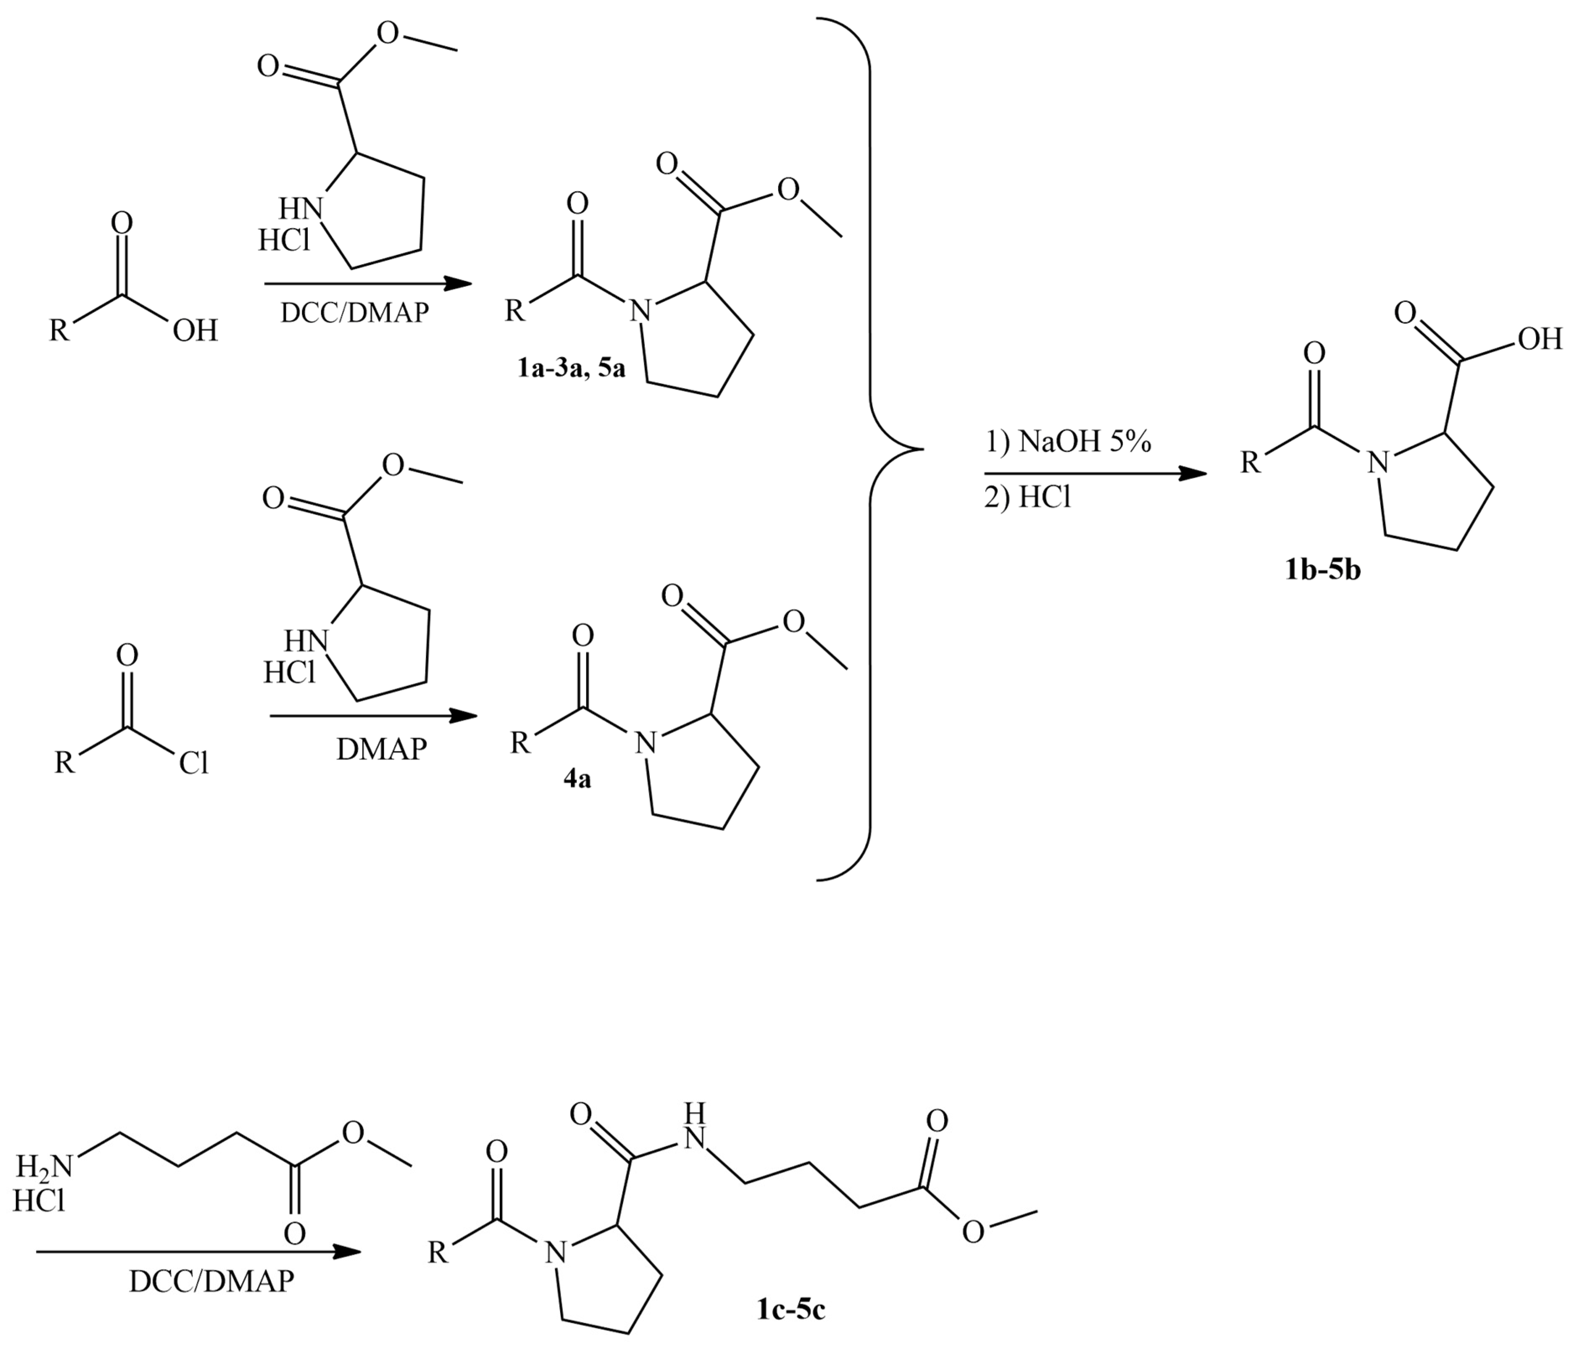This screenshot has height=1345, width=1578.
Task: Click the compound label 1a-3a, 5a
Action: click(571, 369)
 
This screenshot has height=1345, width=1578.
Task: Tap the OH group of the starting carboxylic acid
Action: click(195, 330)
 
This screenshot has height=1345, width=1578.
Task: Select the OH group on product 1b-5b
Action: click(1540, 339)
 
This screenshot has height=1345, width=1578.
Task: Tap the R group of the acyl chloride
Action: click(65, 762)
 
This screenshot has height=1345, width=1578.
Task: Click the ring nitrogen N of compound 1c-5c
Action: click(558, 1252)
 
